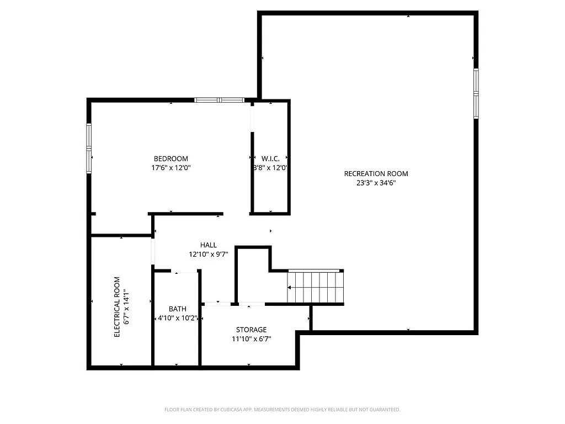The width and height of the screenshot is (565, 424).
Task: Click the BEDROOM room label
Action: click(x=170, y=158)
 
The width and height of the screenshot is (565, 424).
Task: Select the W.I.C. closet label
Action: click(x=270, y=158)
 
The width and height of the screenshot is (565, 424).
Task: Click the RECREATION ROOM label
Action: click(x=376, y=173)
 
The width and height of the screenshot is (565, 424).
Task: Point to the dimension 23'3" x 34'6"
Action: click(x=376, y=183)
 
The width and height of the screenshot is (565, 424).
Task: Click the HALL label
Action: click(x=208, y=245)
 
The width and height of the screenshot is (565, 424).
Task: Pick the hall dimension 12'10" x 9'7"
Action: click(x=208, y=255)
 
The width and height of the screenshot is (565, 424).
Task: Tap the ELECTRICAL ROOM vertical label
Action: click(x=116, y=307)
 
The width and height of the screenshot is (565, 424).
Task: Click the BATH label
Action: click(x=177, y=309)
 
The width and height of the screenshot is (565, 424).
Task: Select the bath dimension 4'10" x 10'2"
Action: click(x=177, y=319)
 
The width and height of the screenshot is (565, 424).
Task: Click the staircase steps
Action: click(x=316, y=287)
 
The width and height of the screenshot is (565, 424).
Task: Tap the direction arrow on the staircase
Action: click(x=291, y=287)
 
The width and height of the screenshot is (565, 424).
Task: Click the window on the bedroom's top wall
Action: click(x=219, y=100)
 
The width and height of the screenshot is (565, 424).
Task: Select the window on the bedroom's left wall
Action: click(x=89, y=149)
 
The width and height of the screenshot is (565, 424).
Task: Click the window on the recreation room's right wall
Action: click(x=476, y=93)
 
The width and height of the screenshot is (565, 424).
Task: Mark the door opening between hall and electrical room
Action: click(x=153, y=252)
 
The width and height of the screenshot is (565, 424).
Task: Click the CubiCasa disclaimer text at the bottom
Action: click(x=282, y=410)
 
